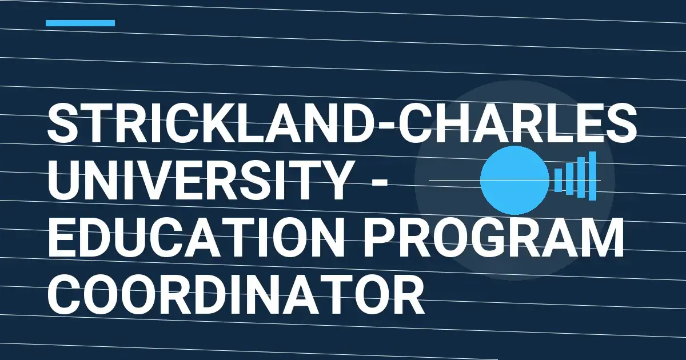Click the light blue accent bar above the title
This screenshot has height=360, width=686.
(80, 23)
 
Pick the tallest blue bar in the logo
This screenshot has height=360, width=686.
(592, 176)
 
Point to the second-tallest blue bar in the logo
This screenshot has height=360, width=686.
(581, 177)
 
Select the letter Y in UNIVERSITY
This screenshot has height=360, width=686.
(330, 181)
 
